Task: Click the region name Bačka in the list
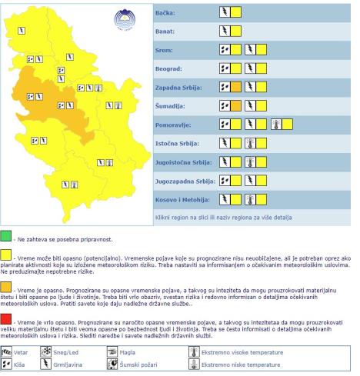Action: pos(165,14)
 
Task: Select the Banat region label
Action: pos(165,32)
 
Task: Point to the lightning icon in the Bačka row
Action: pos(225,13)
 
